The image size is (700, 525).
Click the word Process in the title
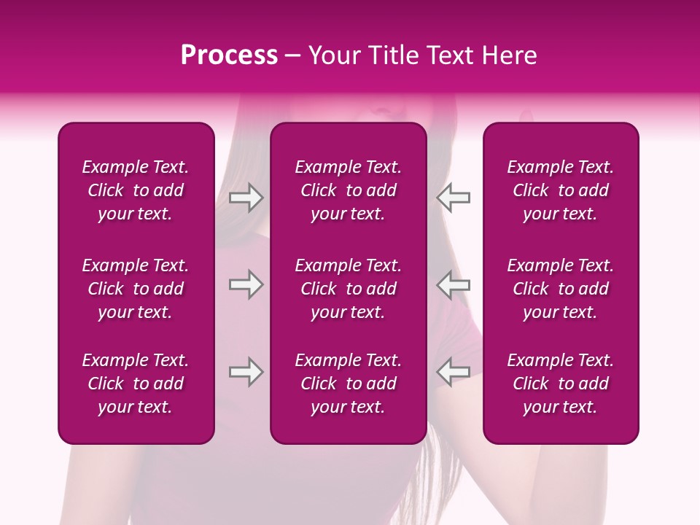click(229, 55)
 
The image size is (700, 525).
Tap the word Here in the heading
click(508, 55)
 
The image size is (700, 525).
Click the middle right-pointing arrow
click(246, 284)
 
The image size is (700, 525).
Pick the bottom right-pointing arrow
click(246, 372)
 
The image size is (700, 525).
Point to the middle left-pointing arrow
click(454, 284)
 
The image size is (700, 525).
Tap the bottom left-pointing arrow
click(454, 372)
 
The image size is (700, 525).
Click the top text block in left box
click(136, 190)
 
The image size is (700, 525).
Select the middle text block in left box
click(136, 289)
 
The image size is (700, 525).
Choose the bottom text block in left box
click(136, 384)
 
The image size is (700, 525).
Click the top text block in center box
click(349, 190)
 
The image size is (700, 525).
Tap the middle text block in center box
click(349, 289)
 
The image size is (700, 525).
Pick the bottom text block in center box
click(349, 384)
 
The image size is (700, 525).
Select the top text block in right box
click(561, 190)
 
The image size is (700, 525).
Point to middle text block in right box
click(561, 289)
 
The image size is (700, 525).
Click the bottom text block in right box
click(561, 384)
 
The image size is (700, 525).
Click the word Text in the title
click(449, 55)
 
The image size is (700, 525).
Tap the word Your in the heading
click(332, 55)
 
